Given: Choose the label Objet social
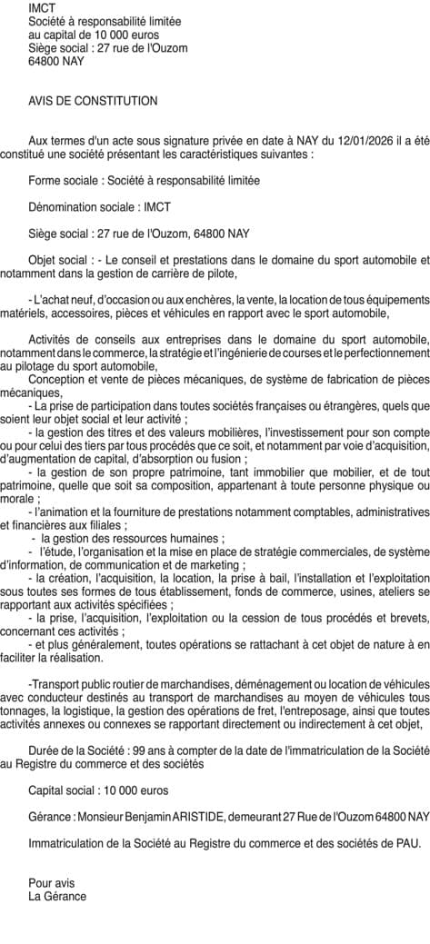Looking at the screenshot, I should (x=61, y=259).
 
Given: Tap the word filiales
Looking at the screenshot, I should (x=105, y=525).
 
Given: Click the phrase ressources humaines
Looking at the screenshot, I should (x=174, y=539).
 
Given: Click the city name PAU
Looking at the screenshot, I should (x=406, y=842).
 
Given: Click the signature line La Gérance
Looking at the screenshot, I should (x=57, y=896).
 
